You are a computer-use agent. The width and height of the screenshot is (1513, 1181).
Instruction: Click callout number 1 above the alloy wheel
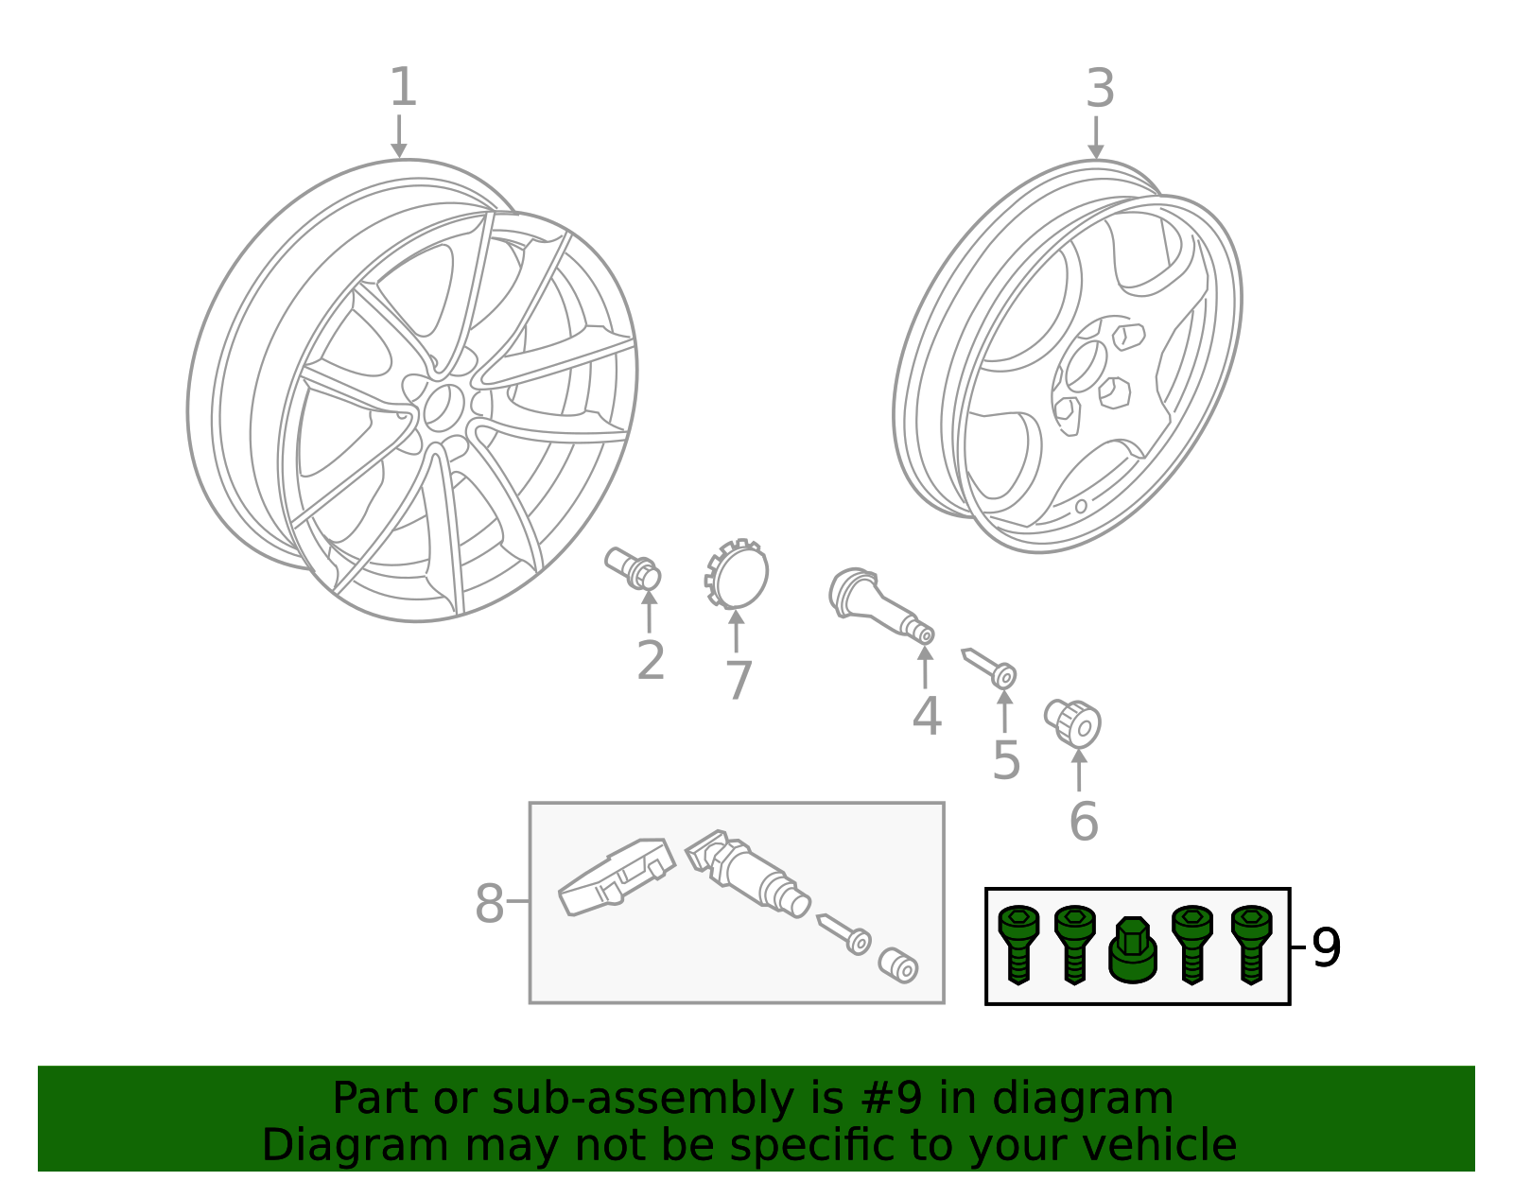(403, 88)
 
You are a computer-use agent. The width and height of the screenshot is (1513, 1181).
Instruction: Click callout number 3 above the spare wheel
(1100, 90)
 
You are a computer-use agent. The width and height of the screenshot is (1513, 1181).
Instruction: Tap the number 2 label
(651, 661)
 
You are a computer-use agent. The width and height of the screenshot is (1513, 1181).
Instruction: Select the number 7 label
(738, 681)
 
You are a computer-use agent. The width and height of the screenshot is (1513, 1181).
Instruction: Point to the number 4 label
(927, 717)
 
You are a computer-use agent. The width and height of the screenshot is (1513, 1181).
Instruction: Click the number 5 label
(1006, 761)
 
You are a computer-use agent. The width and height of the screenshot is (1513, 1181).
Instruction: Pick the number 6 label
(1084, 821)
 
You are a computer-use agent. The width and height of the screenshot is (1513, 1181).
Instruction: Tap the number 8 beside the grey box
(489, 904)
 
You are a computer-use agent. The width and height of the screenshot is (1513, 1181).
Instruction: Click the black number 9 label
(1326, 948)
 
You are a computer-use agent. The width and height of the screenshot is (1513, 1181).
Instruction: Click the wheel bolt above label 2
(633, 567)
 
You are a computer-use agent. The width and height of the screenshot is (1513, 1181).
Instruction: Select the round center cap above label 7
(739, 574)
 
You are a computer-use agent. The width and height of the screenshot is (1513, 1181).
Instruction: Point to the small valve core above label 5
(989, 667)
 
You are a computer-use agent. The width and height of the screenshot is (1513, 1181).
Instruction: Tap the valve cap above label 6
(1074, 723)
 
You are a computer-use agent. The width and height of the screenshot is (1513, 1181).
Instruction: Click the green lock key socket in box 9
(1132, 951)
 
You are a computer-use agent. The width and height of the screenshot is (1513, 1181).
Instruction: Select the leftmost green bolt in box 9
(1018, 944)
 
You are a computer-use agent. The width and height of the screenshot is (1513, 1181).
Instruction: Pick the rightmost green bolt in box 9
(1251, 944)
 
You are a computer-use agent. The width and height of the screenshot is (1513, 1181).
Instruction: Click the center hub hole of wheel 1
(439, 407)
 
